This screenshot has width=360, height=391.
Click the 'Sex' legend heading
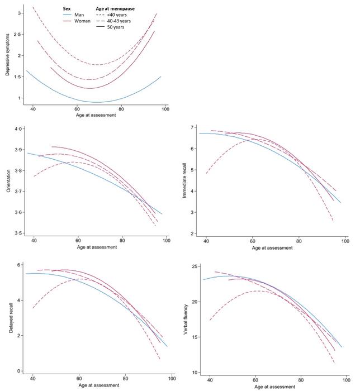point(66,8)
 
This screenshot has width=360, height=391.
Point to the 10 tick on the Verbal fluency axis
point(192,373)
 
